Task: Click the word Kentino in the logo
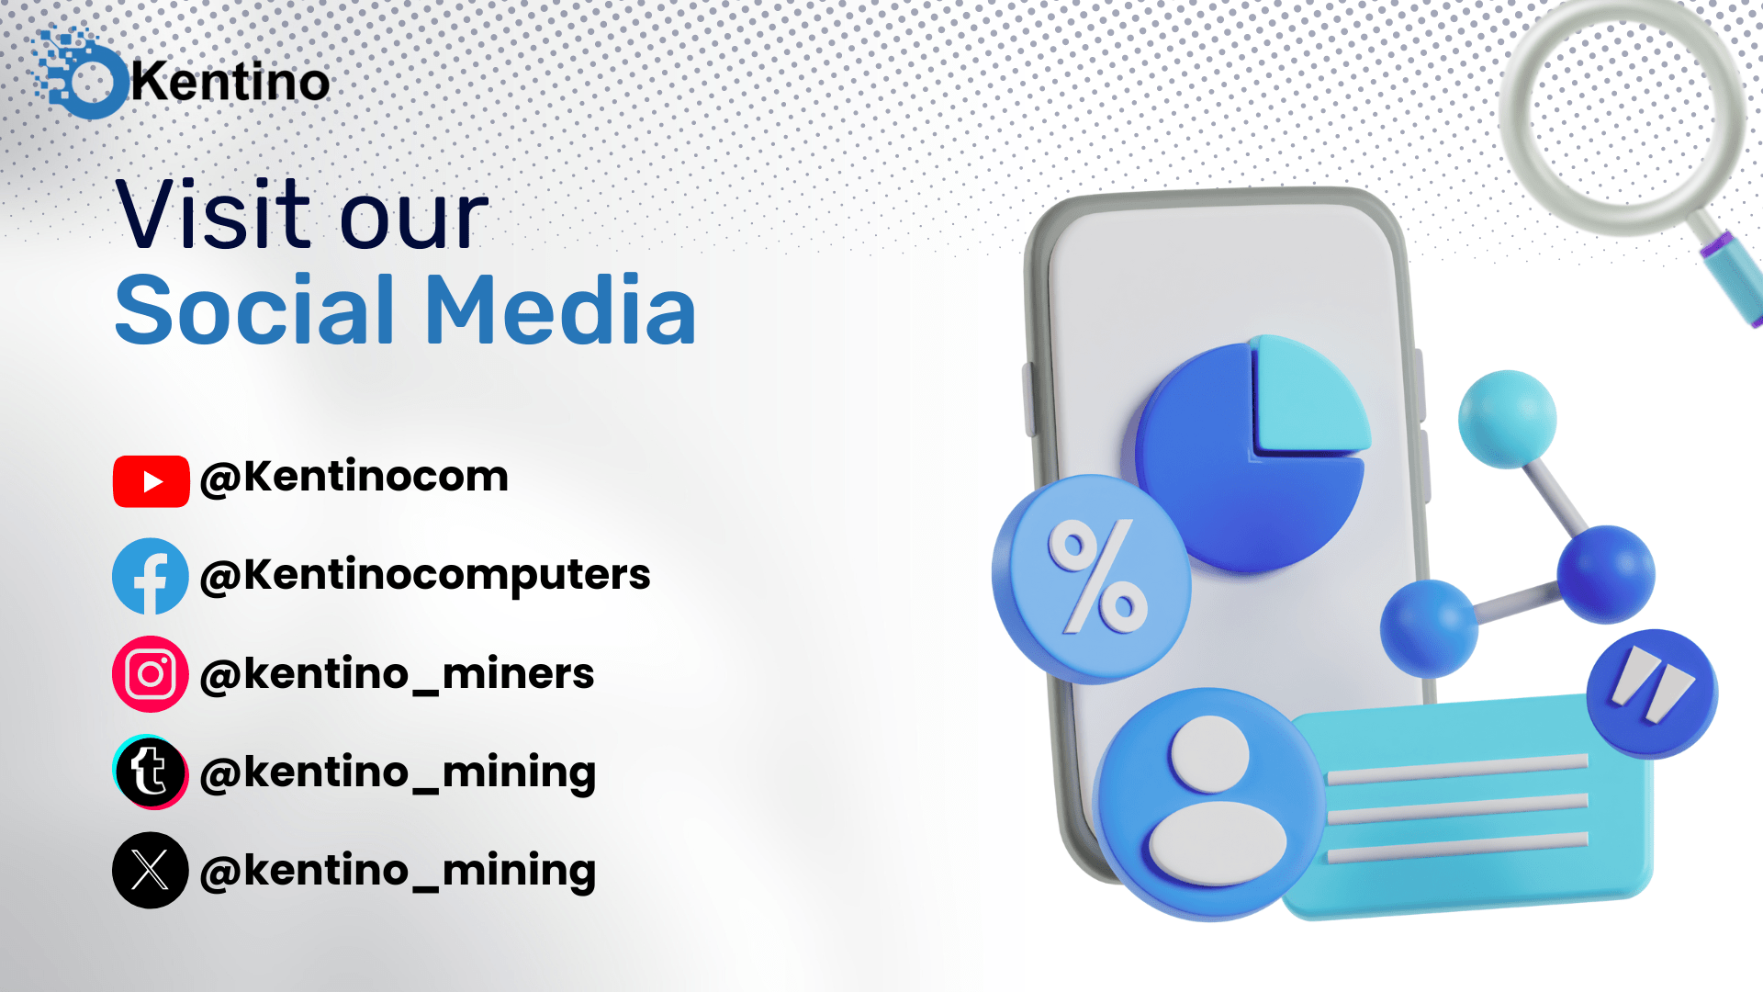[x=230, y=82]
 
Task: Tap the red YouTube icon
[x=152, y=481]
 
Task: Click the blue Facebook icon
[x=151, y=576]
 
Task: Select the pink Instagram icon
[x=151, y=674]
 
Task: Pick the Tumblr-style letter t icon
[x=151, y=772]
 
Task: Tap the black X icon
[x=151, y=870]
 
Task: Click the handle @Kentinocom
[x=354, y=477]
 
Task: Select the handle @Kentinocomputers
[x=425, y=576]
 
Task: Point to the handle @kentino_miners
[x=397, y=674]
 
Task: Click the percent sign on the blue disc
[x=1098, y=576]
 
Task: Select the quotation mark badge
[x=1652, y=693]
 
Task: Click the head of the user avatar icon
[x=1208, y=753]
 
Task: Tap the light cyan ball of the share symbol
[x=1507, y=419]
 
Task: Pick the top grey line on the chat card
[x=1458, y=769]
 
